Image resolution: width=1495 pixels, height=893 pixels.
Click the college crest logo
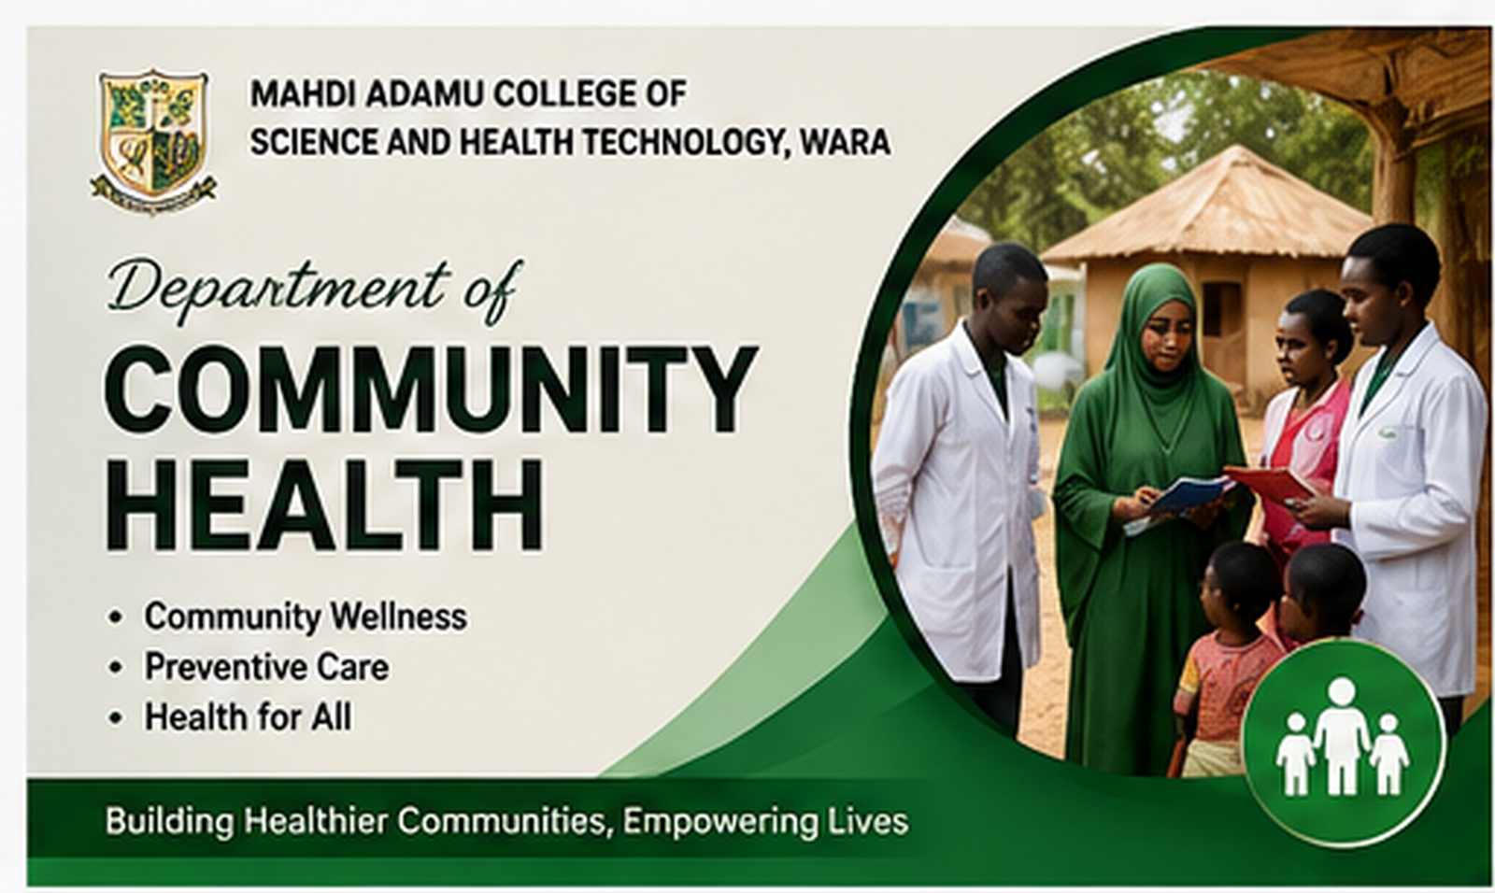point(153,140)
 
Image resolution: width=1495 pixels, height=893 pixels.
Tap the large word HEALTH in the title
point(323,504)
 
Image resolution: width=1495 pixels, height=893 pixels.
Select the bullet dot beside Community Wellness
point(116,617)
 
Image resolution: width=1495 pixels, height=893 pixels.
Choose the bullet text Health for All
point(248,717)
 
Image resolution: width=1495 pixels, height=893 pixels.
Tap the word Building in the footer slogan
point(169,822)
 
